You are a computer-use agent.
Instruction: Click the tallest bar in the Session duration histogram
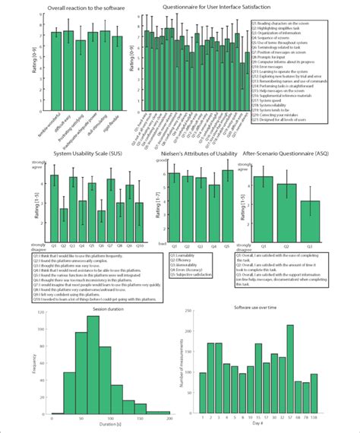tap(93, 356)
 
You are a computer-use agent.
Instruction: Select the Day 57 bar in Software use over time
tap(289, 369)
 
